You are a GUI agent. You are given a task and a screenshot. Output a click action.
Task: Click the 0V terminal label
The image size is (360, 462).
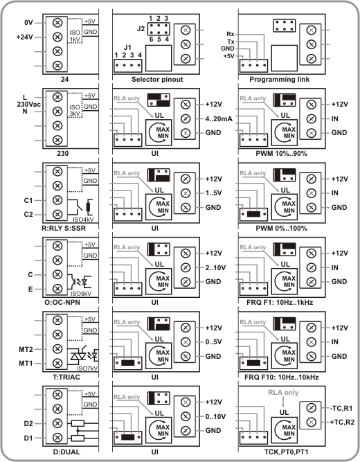click(x=28, y=23)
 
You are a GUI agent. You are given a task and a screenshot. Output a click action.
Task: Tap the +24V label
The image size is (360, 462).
click(x=25, y=37)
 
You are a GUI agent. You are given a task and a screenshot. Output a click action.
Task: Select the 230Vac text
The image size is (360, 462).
click(x=28, y=105)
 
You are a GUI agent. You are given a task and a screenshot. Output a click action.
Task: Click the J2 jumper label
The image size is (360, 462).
click(x=141, y=29)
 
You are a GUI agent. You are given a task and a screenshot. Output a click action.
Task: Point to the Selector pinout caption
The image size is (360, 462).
click(x=157, y=79)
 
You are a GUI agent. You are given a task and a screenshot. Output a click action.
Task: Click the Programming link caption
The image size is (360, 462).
click(x=279, y=79)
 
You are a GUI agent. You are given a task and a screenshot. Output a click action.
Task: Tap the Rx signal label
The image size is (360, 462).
click(x=231, y=34)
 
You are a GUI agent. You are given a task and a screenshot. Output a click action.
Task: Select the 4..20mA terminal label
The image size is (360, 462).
click(x=219, y=118)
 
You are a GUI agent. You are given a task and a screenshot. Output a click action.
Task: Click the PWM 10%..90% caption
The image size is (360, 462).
click(x=281, y=154)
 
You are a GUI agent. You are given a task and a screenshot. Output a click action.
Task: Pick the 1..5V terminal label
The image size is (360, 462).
click(x=214, y=193)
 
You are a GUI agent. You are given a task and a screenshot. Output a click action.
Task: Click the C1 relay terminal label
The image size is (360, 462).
click(x=28, y=201)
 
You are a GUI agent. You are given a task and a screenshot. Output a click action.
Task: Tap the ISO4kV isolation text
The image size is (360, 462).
click(x=83, y=220)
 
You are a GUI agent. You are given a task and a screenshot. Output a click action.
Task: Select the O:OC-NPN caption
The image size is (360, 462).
click(x=61, y=303)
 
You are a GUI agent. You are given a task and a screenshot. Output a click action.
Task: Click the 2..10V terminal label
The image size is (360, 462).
click(x=215, y=267)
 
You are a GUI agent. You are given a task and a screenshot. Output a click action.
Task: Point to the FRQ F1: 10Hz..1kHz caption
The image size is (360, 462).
click(x=280, y=303)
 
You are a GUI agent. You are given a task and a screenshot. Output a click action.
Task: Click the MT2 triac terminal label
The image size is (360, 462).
click(x=26, y=350)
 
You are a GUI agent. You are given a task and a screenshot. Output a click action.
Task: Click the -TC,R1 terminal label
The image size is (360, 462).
click(x=341, y=409)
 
